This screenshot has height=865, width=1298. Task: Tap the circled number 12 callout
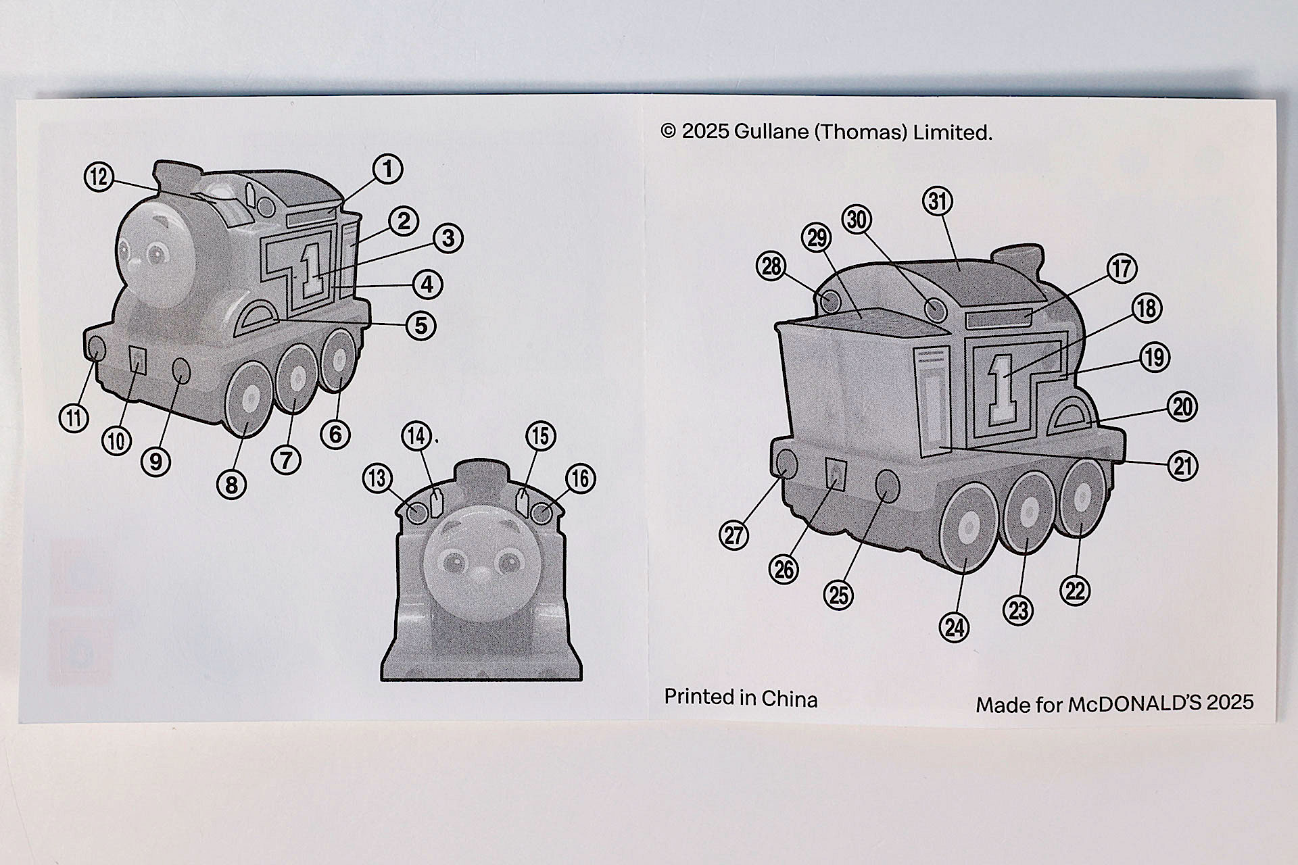point(99,177)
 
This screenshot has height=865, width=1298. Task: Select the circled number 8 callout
point(231,485)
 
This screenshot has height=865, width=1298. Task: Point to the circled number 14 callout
point(418,437)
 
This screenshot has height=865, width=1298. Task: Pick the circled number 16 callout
point(580,478)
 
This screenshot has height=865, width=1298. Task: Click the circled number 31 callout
point(938,201)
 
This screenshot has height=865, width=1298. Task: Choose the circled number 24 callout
point(955,628)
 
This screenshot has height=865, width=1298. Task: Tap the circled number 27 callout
point(734,535)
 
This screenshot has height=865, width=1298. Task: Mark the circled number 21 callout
point(1182,466)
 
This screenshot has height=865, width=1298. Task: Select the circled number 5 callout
point(420,325)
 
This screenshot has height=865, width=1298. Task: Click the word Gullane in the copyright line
point(771,132)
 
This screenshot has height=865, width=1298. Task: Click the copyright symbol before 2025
point(668,131)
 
